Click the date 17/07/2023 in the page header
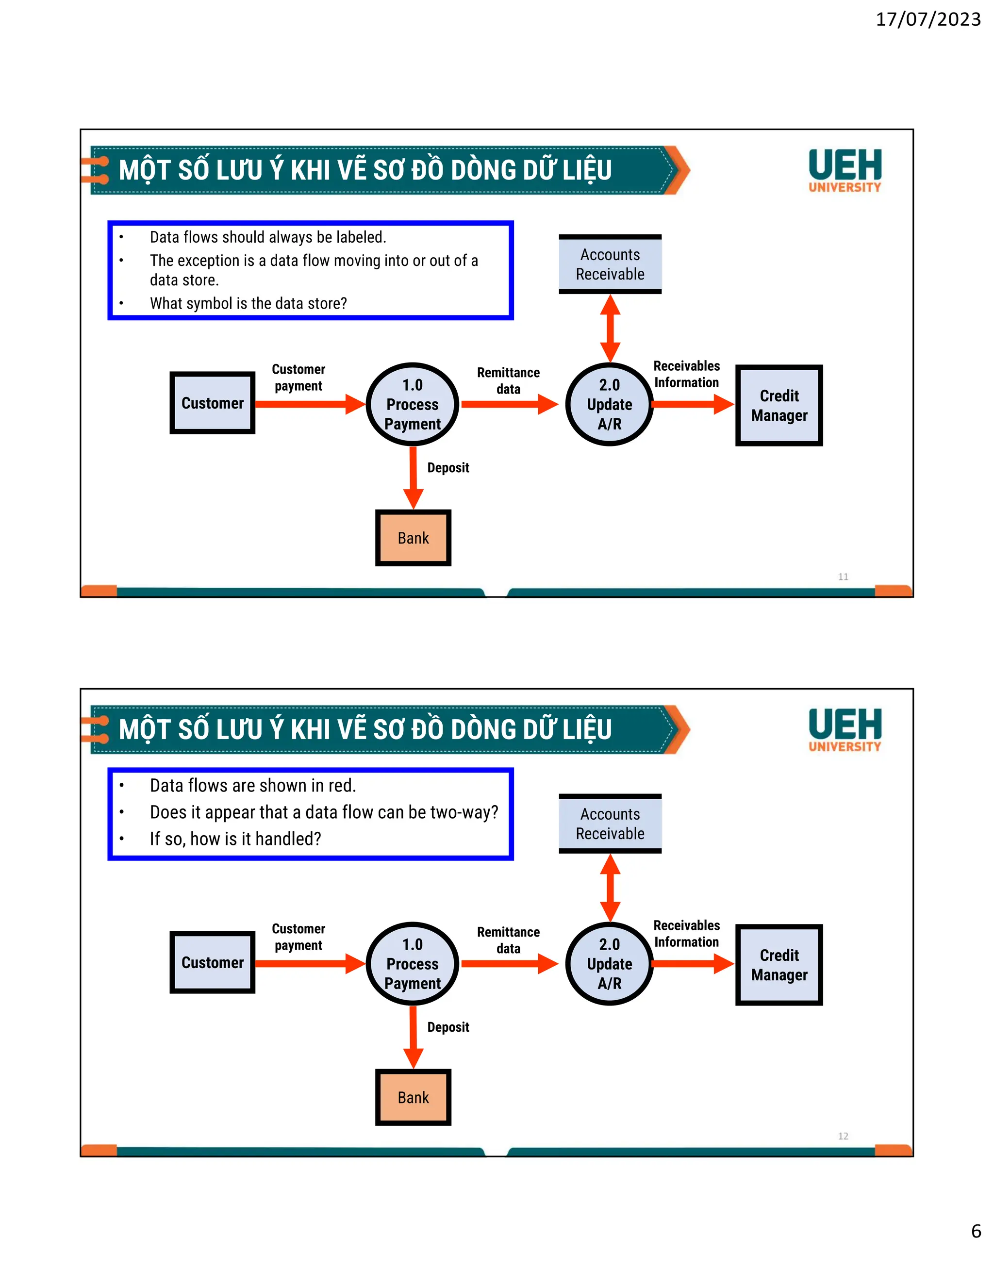tap(928, 19)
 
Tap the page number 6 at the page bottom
tap(976, 1231)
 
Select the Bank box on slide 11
tap(413, 538)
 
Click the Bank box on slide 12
tap(413, 1097)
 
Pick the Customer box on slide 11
tap(212, 403)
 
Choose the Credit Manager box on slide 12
tap(779, 965)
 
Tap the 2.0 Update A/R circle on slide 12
tap(610, 963)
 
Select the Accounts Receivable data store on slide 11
tap(610, 264)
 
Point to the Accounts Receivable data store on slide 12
tap(610, 824)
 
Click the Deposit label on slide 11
tap(448, 467)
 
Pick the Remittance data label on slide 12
tap(508, 940)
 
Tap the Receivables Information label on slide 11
tap(687, 375)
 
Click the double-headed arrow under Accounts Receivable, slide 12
tap(610, 888)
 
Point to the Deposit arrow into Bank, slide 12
tap(413, 1037)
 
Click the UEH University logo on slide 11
tap(845, 171)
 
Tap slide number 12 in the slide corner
tap(843, 1136)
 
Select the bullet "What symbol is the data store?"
tap(248, 303)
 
